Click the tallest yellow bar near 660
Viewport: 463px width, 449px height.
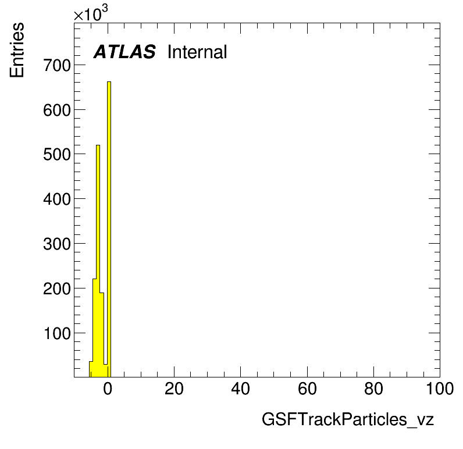point(109,229)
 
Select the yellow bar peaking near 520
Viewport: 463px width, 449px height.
point(98,261)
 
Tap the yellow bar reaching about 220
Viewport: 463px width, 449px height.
point(94,327)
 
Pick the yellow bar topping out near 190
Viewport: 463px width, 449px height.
point(102,335)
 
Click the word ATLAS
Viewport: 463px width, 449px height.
point(124,52)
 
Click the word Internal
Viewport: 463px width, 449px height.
point(197,52)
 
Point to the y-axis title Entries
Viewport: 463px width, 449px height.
point(17,50)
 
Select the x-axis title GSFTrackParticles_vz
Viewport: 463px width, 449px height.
point(348,420)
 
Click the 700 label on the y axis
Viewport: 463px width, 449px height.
point(57,65)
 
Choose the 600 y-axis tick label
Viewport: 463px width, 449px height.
point(57,111)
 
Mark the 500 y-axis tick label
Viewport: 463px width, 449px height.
point(57,154)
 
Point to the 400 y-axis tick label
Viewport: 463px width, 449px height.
point(57,199)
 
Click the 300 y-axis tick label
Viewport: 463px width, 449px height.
point(57,244)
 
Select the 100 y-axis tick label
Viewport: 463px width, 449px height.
point(57,334)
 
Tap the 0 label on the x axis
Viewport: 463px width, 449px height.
point(108,389)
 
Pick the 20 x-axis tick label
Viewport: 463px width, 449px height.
point(174,389)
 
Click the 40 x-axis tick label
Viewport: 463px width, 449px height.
point(241,389)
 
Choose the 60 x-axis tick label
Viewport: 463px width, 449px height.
point(307,389)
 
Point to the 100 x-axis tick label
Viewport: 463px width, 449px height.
point(440,389)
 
